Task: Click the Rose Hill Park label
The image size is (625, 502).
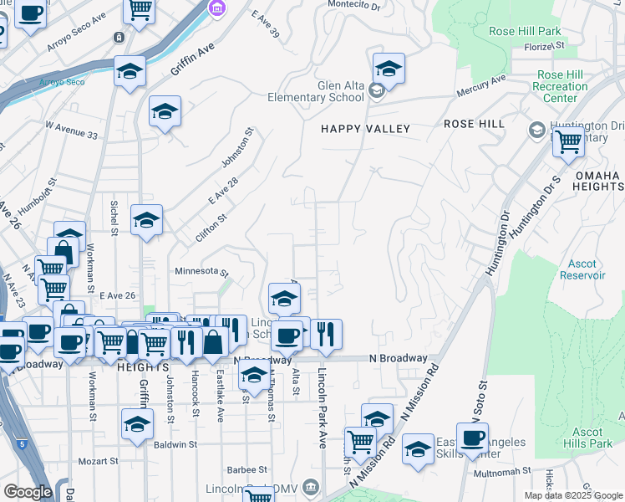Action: pyautogui.click(x=526, y=31)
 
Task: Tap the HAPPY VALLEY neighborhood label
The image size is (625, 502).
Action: pyautogui.click(x=366, y=129)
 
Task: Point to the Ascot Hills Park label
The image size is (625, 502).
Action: pyautogui.click(x=587, y=438)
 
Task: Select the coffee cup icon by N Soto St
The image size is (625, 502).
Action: pyautogui.click(x=472, y=438)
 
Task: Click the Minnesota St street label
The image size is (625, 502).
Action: pyautogui.click(x=201, y=272)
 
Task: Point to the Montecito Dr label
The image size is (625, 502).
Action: pyautogui.click(x=353, y=5)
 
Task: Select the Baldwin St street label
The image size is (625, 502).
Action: pyautogui.click(x=175, y=445)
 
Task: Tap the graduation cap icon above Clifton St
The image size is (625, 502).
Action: pyautogui.click(x=147, y=221)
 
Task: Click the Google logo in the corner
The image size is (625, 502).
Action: pyautogui.click(x=28, y=492)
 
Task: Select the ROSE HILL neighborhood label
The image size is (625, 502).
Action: pyautogui.click(x=474, y=124)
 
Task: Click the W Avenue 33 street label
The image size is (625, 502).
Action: pyautogui.click(x=71, y=130)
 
